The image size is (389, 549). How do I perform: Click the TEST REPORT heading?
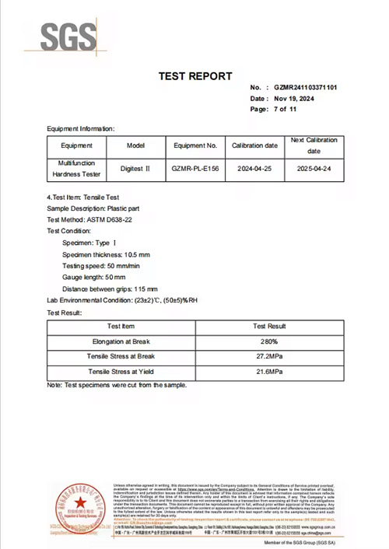[x=194, y=76]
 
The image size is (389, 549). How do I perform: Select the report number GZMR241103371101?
[x=306, y=87]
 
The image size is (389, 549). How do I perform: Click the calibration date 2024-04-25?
[x=254, y=169]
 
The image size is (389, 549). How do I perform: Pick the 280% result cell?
[x=271, y=341]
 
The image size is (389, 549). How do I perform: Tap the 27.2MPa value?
[x=271, y=357]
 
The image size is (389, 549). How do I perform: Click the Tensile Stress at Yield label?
[x=120, y=372]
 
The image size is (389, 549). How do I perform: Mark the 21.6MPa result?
[x=271, y=372]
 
